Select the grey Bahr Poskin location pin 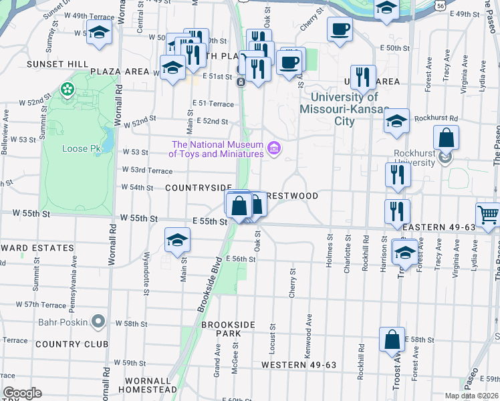pos(98,322)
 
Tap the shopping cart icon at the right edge pos(489,215)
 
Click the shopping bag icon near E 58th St pos(392,340)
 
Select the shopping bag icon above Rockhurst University pos(446,138)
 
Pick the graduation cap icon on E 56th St pos(178,240)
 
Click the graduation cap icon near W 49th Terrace pos(99,33)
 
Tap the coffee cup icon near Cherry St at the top pos(340,29)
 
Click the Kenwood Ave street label pos(309,338)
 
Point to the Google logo pos(22,393)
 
